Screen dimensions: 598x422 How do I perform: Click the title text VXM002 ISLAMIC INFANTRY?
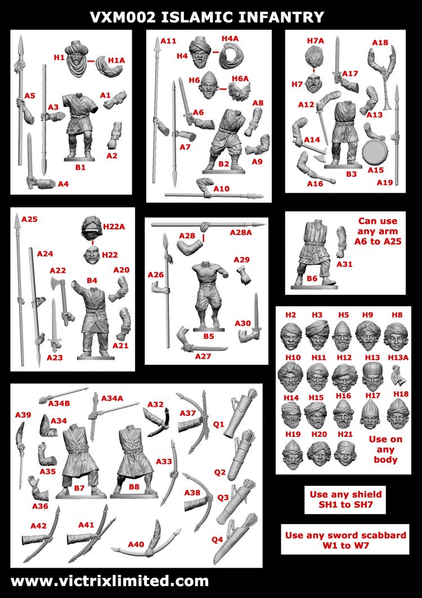click(208, 17)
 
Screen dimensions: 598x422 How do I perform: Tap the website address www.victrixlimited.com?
click(110, 581)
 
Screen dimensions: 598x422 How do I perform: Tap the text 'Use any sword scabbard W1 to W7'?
click(345, 540)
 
